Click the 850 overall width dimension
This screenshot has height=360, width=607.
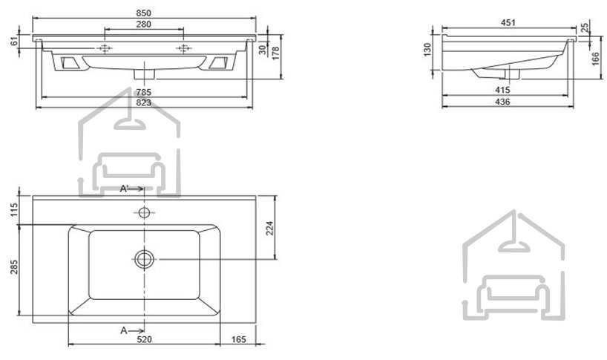click(x=144, y=13)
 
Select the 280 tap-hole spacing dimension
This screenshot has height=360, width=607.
click(x=144, y=24)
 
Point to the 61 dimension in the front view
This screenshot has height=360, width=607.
click(x=14, y=41)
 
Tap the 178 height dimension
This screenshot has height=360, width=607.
click(x=275, y=53)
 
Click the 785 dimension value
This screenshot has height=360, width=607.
click(x=144, y=92)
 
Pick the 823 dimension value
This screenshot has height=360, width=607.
click(x=144, y=102)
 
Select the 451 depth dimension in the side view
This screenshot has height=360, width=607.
click(x=508, y=22)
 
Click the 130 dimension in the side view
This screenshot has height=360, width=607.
click(x=427, y=50)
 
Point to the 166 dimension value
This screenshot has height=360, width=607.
click(x=596, y=59)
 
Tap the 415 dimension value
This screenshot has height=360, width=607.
click(x=502, y=90)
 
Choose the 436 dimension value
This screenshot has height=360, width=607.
click(x=502, y=102)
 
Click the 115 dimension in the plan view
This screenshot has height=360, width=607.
click(x=14, y=210)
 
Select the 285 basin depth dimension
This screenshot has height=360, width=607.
click(x=14, y=267)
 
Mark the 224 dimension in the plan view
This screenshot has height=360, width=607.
click(x=270, y=228)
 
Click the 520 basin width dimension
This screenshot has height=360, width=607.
click(x=145, y=339)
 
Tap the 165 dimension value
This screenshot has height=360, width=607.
click(x=238, y=339)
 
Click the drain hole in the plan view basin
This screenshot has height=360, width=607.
click(x=145, y=259)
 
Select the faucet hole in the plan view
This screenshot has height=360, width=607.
click(x=145, y=212)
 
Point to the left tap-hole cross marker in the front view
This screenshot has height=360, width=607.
click(x=105, y=48)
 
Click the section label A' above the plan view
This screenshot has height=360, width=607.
click(x=124, y=189)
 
